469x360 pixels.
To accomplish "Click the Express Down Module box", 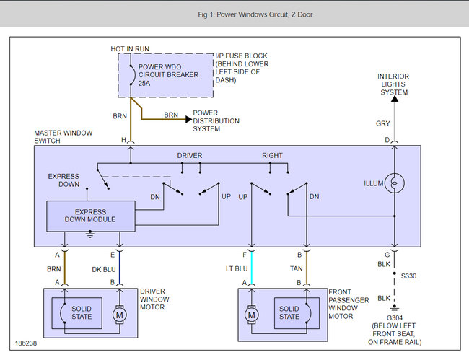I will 90,214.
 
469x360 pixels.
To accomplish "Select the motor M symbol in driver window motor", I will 120,315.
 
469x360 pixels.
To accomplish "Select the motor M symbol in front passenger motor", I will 252,315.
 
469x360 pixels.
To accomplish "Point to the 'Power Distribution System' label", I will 216,120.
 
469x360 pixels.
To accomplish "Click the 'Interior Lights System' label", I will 394,84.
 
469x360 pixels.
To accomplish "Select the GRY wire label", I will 382,123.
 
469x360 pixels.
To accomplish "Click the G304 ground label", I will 394,318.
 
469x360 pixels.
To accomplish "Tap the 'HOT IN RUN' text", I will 130,48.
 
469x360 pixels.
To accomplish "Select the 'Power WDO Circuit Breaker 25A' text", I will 167,76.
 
